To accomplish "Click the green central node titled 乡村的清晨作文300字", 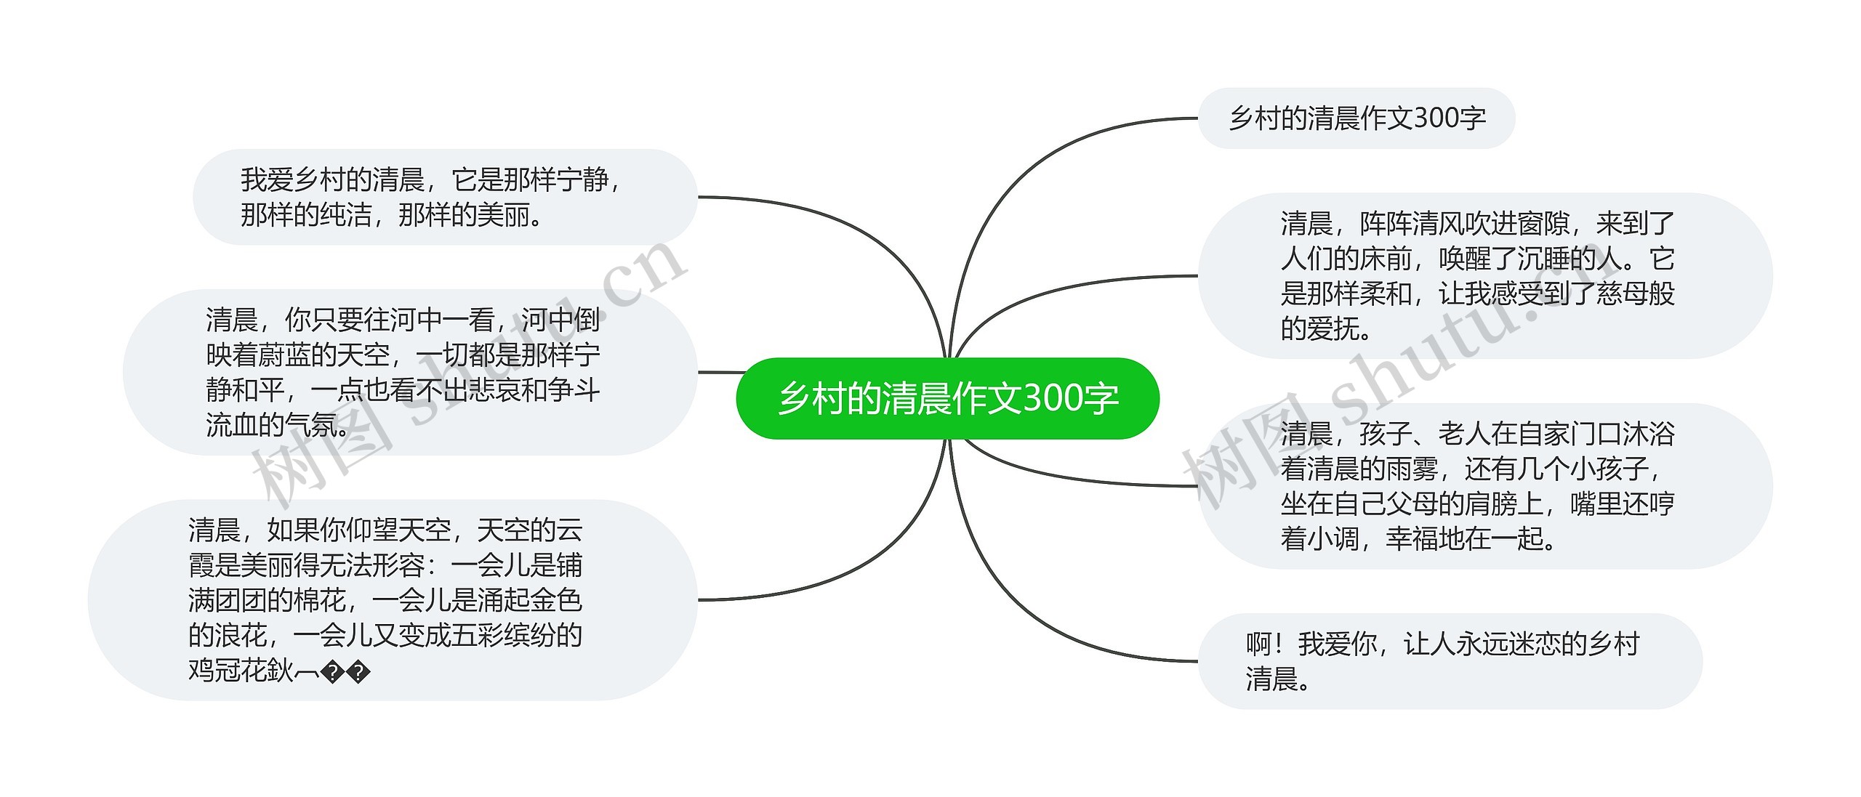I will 947,398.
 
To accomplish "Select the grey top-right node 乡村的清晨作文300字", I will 1356,118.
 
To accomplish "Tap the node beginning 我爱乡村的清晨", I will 444,197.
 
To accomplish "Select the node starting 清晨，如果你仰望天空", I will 392,599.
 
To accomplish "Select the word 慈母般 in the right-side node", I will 1635,294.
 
